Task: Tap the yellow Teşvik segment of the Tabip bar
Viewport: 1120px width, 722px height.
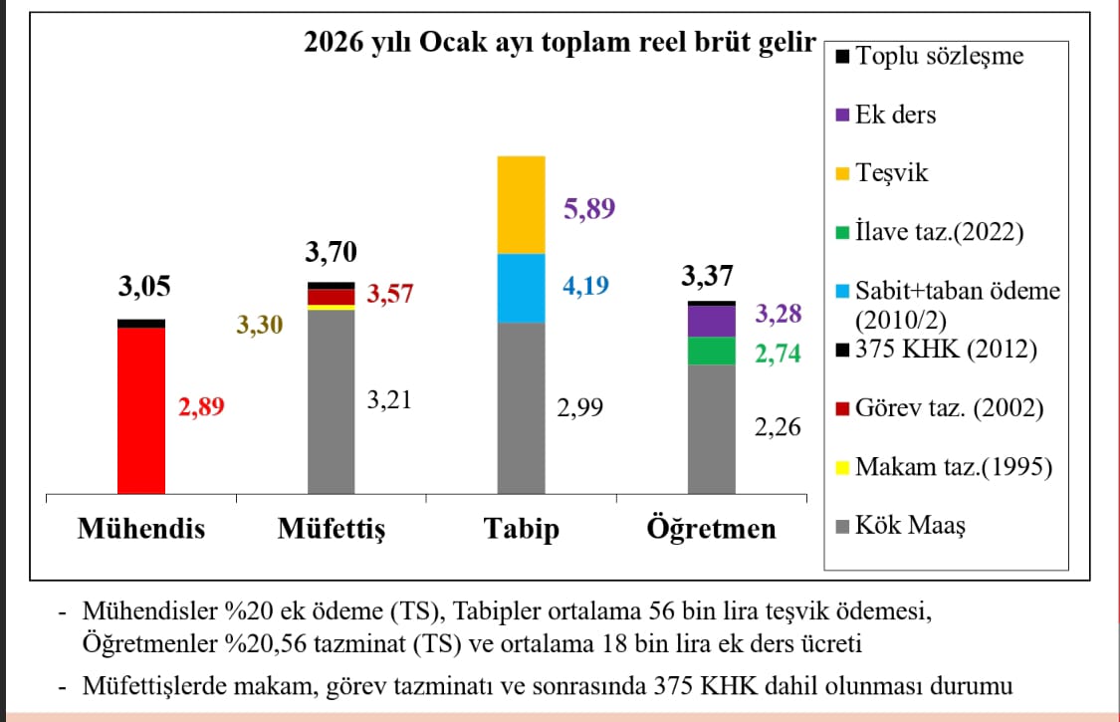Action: [x=521, y=205]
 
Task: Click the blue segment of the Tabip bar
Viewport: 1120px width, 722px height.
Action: [x=521, y=289]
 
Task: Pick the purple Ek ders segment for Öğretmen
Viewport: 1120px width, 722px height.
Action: [x=711, y=321]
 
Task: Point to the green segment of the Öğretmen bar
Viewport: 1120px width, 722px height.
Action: [x=711, y=352]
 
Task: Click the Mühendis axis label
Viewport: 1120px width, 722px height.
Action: [x=141, y=527]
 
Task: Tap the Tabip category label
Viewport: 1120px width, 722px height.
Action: [x=521, y=527]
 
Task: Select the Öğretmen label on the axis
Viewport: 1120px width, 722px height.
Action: [x=711, y=527]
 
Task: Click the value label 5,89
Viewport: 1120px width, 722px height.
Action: [x=589, y=208]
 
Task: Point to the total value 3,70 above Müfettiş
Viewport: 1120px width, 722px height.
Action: [x=331, y=251]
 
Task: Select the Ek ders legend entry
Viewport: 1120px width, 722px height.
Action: [x=895, y=115]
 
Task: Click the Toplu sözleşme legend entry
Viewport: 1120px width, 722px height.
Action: [x=939, y=56]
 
